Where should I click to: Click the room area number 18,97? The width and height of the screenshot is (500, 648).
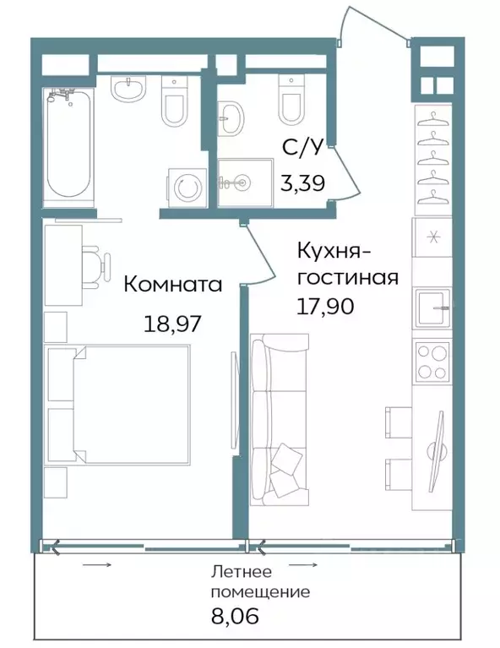[x=172, y=324]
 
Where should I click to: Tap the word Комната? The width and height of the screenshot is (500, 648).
[x=173, y=286]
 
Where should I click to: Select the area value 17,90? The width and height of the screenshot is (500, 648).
[x=325, y=306]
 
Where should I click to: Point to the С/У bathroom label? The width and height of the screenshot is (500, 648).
[x=302, y=147]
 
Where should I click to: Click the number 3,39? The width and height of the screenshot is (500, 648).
[x=302, y=182]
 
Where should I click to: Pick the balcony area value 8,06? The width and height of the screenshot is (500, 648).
[x=235, y=616]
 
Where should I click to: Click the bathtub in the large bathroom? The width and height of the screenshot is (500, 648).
[x=68, y=144]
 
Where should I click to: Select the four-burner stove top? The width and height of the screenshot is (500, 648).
[x=432, y=362]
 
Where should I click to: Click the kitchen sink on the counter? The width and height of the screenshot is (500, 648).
[x=432, y=307]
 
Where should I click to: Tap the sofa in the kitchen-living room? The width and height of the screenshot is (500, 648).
[x=280, y=419]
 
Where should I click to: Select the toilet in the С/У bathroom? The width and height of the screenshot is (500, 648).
[x=291, y=100]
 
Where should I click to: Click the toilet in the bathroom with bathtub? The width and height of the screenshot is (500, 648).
[x=174, y=101]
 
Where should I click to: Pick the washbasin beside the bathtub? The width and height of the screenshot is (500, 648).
[x=128, y=90]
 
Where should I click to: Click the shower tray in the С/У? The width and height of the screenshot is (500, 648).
[x=246, y=182]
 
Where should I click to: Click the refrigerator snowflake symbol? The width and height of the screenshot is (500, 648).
[x=433, y=237]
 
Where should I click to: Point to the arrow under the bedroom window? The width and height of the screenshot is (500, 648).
[x=97, y=564]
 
